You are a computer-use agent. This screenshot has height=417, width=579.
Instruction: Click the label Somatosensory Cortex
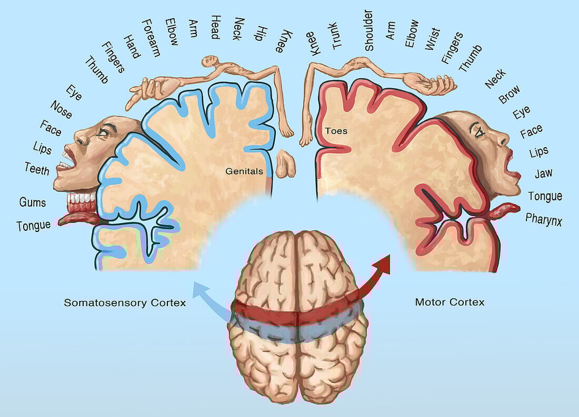[x=124, y=303]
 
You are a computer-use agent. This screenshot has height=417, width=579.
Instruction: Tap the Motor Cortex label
[x=450, y=302]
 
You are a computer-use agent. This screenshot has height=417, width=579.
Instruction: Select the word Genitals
[x=244, y=170]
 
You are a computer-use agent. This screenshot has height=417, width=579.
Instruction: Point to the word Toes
[x=335, y=131]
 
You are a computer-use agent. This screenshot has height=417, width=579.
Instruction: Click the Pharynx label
[x=543, y=218]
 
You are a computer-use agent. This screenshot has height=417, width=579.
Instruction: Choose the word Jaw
[x=543, y=174]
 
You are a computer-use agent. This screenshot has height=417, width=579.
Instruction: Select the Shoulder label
[x=369, y=31]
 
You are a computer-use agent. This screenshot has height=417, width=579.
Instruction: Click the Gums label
[x=33, y=202]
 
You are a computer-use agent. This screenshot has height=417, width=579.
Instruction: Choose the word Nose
[x=61, y=110]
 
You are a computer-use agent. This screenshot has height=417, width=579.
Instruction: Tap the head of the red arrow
[x=384, y=263]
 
